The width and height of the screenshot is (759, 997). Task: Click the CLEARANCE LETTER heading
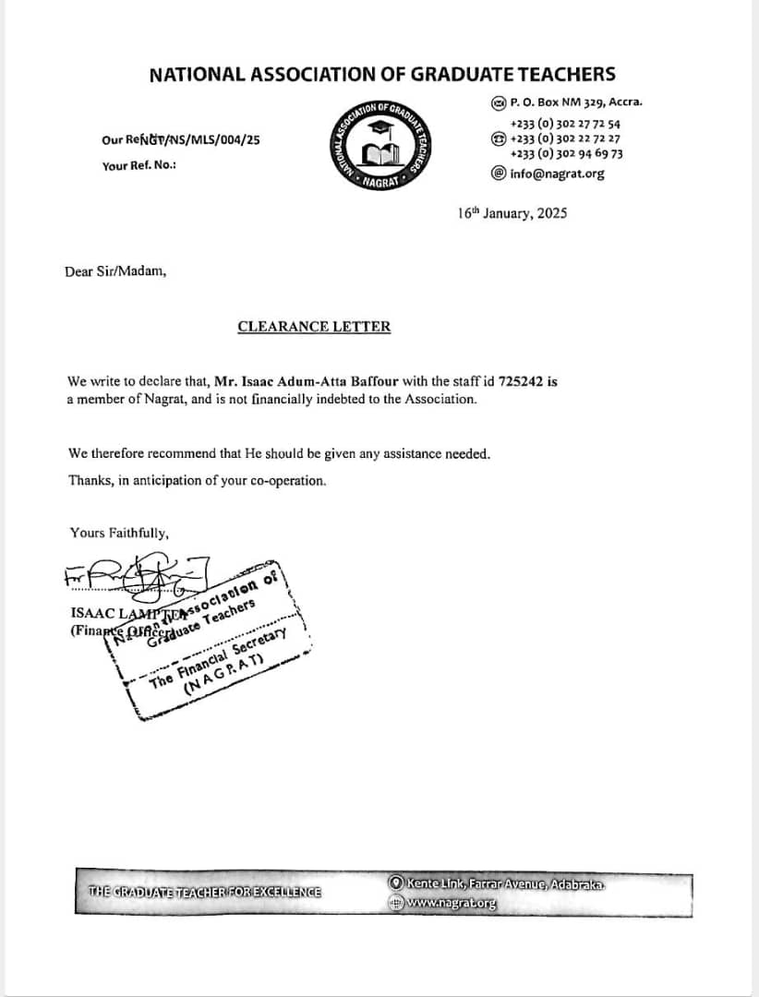click(x=314, y=326)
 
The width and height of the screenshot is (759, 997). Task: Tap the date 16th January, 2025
click(x=512, y=213)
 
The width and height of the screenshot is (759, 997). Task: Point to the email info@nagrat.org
click(x=557, y=173)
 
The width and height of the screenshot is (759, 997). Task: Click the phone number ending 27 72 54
click(x=565, y=123)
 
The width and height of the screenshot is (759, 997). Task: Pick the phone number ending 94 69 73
click(x=566, y=154)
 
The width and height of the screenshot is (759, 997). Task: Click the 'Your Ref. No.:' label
click(x=139, y=165)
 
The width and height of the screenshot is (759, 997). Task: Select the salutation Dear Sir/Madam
click(x=116, y=271)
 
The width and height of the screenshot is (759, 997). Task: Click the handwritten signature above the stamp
click(x=139, y=581)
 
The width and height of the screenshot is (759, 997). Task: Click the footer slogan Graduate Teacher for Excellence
click(x=205, y=892)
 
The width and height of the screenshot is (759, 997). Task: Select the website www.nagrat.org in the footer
click(x=451, y=904)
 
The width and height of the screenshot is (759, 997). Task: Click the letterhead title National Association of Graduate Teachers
click(x=382, y=75)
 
